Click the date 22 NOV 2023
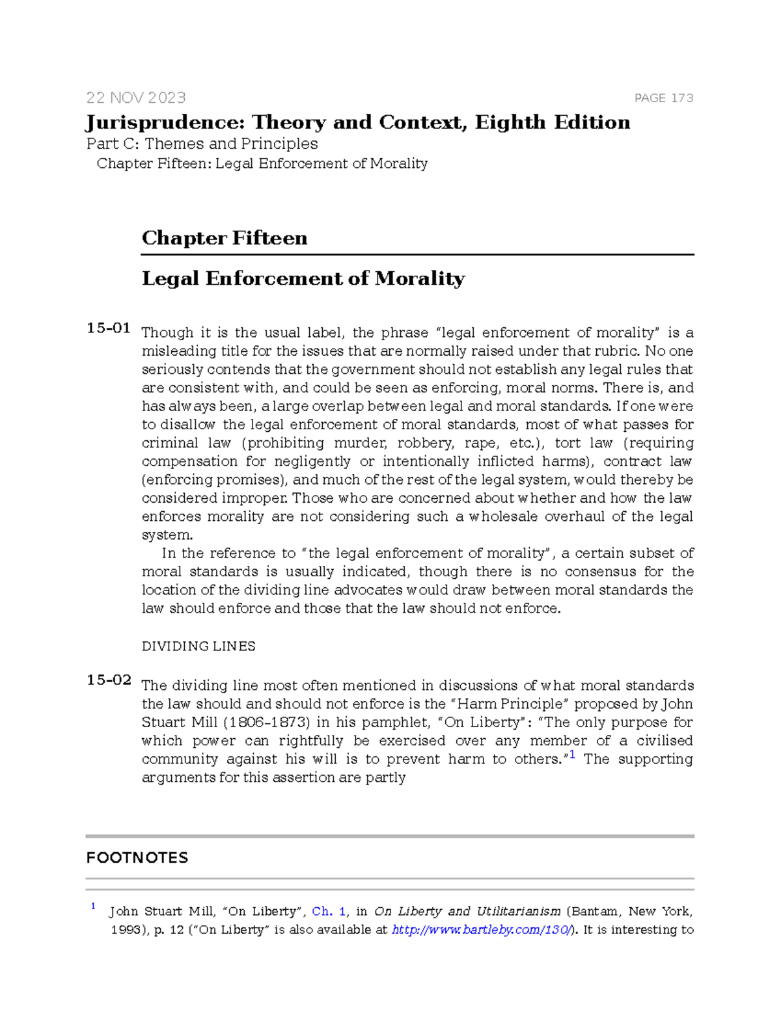point(136,98)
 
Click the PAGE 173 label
point(663,98)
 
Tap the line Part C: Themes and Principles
point(202,144)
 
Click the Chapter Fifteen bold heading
point(224,238)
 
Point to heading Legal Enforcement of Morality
point(303,279)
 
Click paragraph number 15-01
point(108,328)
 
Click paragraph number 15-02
point(108,680)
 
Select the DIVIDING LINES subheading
point(199,646)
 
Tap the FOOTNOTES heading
point(137,858)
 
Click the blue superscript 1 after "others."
point(571,755)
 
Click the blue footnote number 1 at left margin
point(93,906)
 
